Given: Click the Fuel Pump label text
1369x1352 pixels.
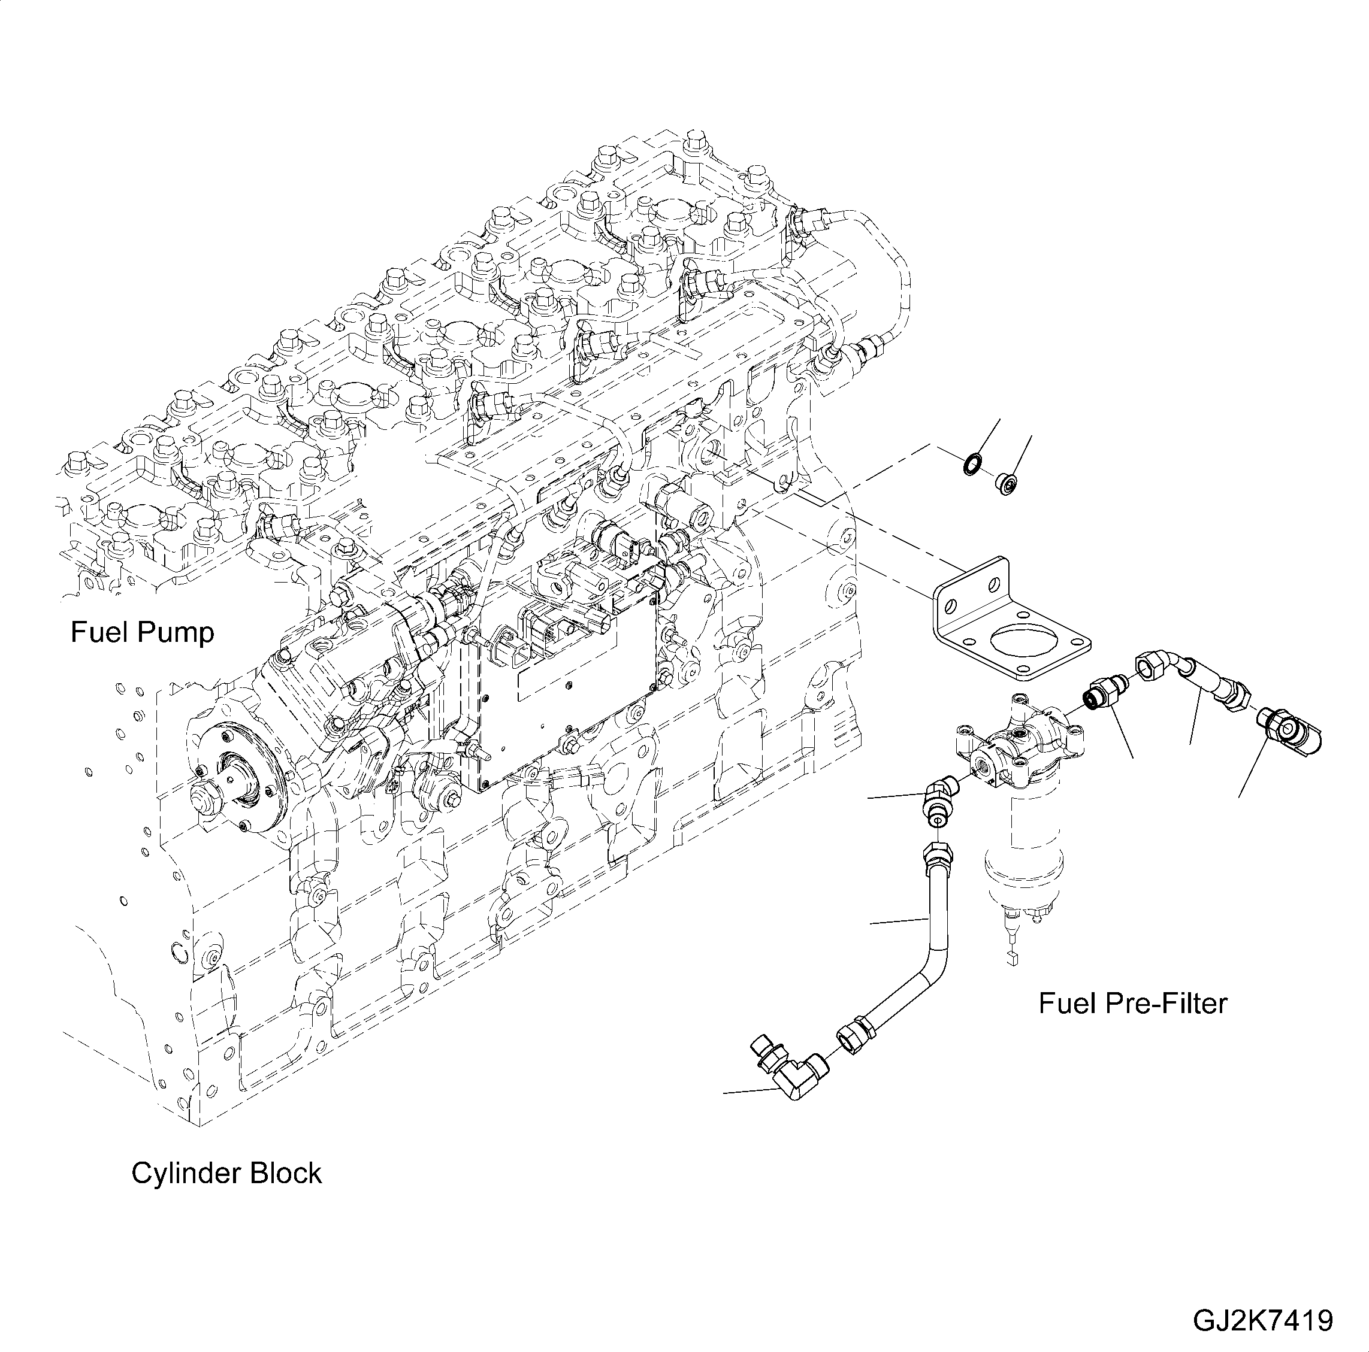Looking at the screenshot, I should point(142,632).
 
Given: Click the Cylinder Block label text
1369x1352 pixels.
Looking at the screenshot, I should point(226,1174).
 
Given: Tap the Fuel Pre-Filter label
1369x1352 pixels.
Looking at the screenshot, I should point(1132,1004).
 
